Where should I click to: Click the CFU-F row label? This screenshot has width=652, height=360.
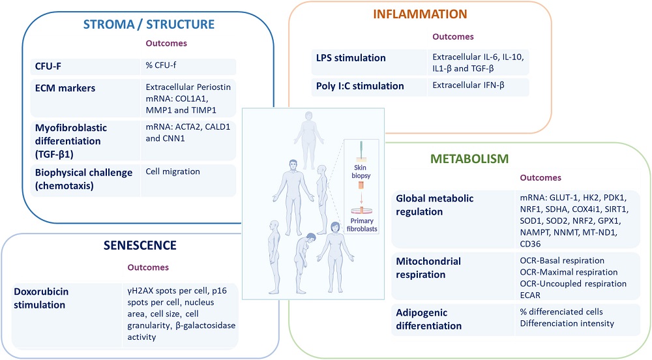tap(49, 67)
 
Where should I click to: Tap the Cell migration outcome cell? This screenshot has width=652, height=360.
tap(172, 172)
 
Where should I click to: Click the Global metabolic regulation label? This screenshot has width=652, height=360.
tap(435, 203)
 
